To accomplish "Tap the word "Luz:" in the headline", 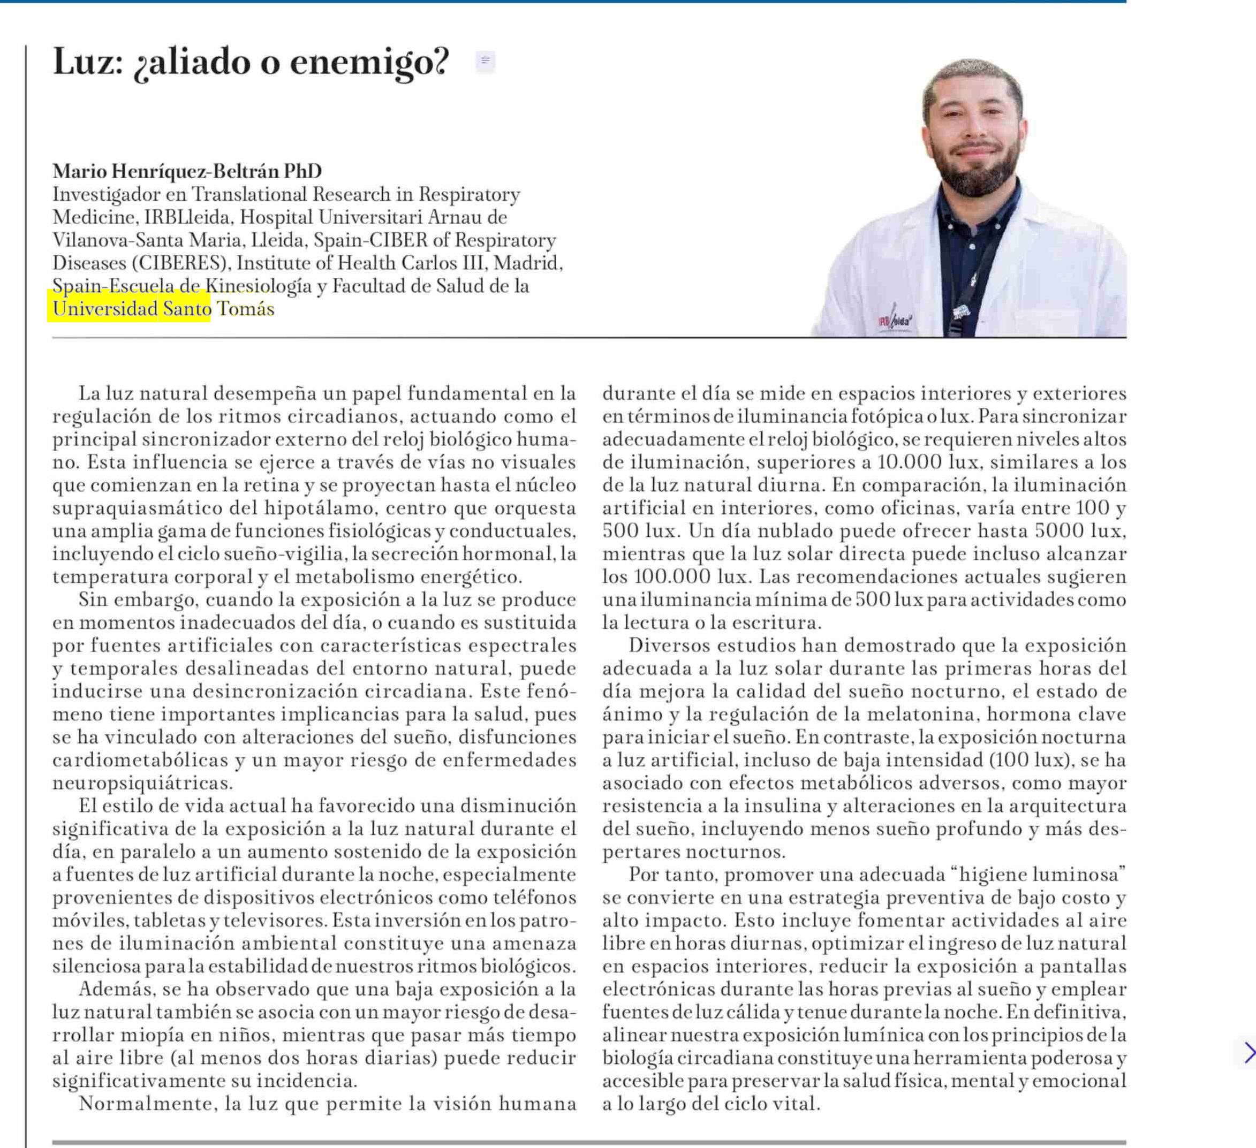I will tap(88, 62).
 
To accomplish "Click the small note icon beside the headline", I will tap(485, 61).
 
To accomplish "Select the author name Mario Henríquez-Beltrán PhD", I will tap(187, 171).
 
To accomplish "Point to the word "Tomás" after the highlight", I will tap(245, 309).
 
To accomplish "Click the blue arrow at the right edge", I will tap(1249, 1053).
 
